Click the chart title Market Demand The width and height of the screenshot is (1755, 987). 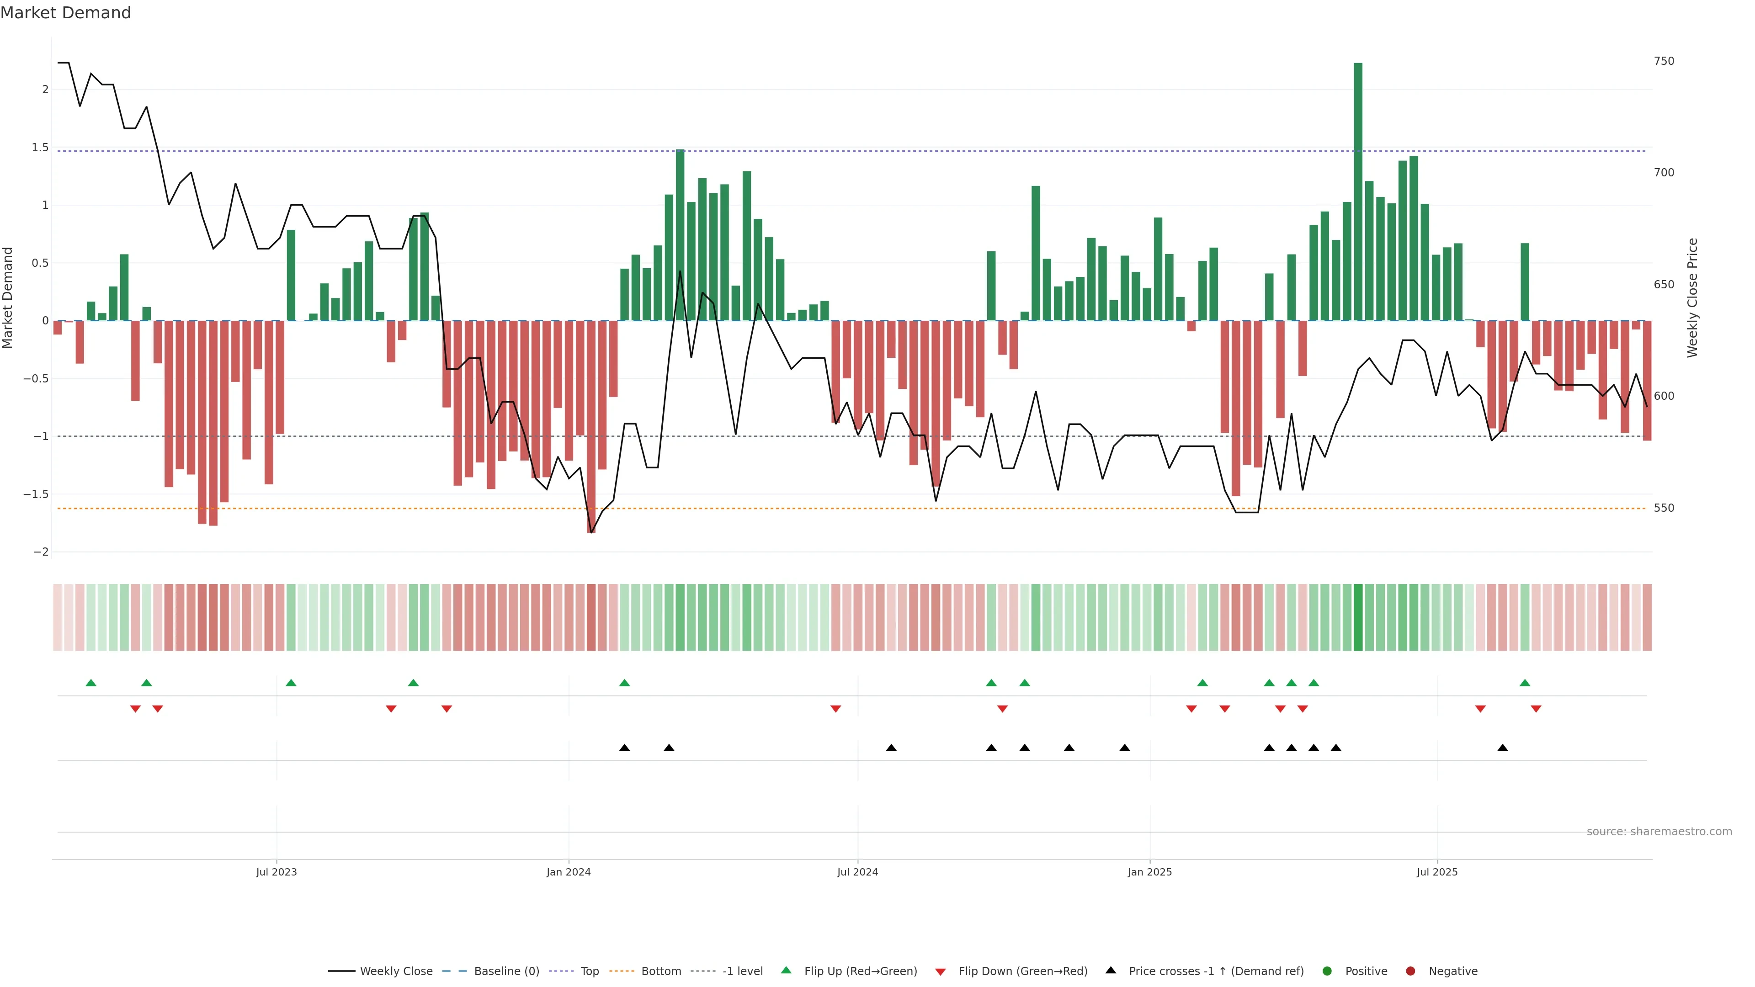(x=65, y=13)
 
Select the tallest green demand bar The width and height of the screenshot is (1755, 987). (x=1358, y=191)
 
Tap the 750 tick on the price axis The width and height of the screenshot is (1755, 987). (x=1664, y=61)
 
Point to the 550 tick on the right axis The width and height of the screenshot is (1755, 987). (x=1664, y=508)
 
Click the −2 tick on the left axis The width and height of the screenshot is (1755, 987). (x=41, y=552)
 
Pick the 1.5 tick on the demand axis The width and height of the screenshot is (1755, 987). (x=40, y=147)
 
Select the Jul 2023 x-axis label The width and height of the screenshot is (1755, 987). (x=276, y=872)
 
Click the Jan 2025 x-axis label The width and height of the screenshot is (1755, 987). (x=1149, y=872)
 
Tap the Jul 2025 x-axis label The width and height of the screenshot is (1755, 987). (x=1437, y=872)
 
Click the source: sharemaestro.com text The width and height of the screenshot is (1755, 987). (x=1659, y=832)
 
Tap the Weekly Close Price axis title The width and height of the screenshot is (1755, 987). (x=1692, y=297)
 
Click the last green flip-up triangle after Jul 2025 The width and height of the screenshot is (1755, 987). (x=1525, y=683)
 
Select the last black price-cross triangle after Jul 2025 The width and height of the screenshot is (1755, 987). (x=1502, y=748)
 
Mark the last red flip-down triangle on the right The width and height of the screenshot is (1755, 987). (x=1536, y=709)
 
